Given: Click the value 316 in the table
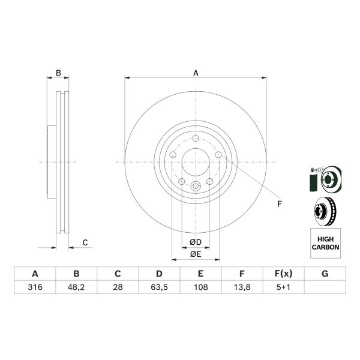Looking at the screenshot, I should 35,287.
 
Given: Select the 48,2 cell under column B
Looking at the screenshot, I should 76,287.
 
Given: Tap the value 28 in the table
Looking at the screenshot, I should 118,287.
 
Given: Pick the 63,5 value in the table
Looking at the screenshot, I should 159,287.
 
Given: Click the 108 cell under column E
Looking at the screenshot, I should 200,287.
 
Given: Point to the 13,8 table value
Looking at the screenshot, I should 242,287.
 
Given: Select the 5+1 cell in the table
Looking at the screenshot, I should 283,287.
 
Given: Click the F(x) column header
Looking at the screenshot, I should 283,274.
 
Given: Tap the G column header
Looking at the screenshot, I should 325,274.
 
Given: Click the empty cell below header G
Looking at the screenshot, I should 325,287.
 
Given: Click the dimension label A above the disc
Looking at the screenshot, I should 196,73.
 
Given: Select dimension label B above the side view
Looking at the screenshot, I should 58,73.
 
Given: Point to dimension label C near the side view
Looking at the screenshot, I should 85,242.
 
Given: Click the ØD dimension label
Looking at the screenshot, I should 195,242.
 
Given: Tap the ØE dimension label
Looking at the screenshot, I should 195,254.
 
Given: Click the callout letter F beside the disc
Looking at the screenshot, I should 279,204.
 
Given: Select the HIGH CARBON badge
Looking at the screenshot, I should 325,243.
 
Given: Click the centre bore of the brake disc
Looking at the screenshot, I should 196,162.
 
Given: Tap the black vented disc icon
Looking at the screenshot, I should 324,211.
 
